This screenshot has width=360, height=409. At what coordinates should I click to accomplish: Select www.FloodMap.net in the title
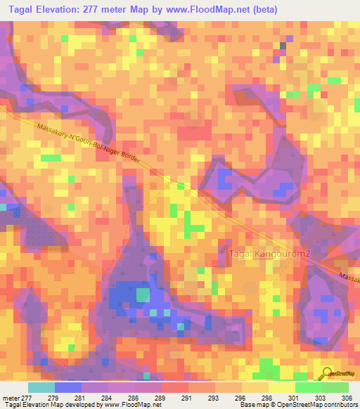(x=217, y=9)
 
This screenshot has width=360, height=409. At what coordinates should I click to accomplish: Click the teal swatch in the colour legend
(x=41, y=387)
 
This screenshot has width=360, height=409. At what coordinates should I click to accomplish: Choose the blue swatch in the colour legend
(x=67, y=387)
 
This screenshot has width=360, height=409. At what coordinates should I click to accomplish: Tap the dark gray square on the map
(x=283, y=46)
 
